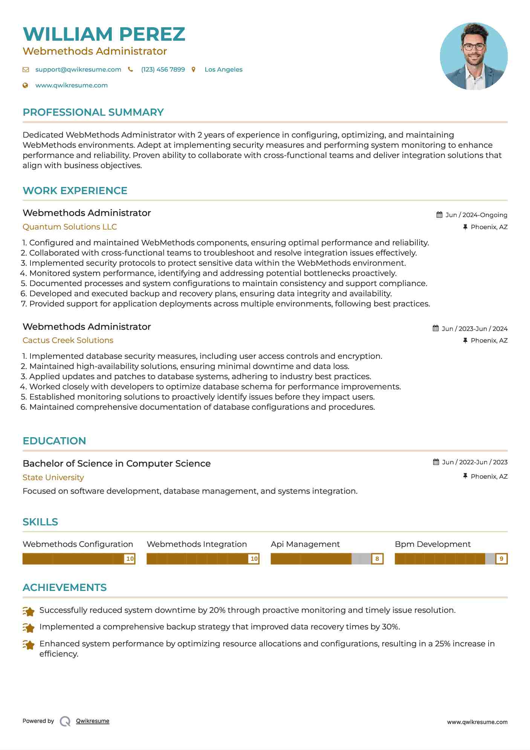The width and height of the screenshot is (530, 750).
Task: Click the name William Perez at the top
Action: pos(104,34)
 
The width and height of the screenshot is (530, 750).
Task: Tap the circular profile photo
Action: pos(473,56)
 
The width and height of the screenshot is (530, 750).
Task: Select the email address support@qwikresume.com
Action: pos(78,69)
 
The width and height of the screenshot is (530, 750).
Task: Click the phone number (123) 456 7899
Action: pos(163,69)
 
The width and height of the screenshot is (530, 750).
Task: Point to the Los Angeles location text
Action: pos(223,69)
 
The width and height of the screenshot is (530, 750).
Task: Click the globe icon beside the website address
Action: pos(25,85)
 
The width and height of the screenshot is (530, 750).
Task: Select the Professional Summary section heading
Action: pos(93,112)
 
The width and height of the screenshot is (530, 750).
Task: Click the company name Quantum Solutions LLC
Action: pos(70,227)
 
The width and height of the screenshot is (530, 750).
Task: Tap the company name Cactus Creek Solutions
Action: pos(68,340)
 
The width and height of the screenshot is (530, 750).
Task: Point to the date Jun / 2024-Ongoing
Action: pos(476,215)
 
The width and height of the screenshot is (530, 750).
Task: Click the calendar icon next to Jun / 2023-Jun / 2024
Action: pos(435,328)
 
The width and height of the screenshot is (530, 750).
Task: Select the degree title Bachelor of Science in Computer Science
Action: pos(116,464)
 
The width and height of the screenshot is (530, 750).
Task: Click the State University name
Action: pos(53,478)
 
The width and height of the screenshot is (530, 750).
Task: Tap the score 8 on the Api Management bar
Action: pos(377,559)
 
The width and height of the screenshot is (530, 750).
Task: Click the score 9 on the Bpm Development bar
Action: pos(501,559)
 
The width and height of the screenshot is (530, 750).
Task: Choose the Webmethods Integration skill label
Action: pos(197,544)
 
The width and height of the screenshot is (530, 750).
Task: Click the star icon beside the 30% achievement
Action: pos(29,628)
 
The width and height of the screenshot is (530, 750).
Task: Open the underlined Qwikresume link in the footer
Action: pos(93,721)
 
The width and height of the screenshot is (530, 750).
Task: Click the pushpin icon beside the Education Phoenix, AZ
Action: pos(465,476)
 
